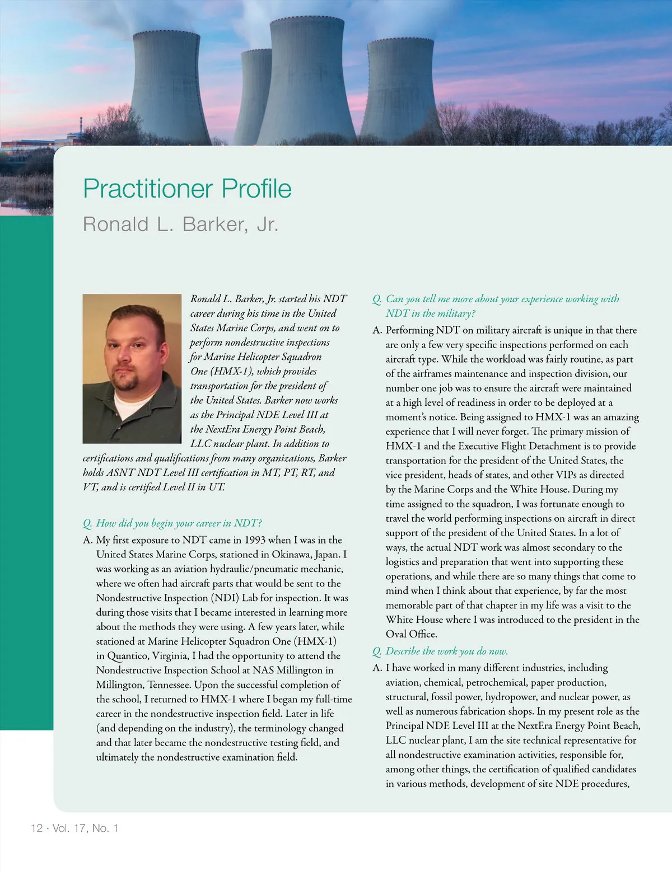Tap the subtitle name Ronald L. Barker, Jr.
point(180,224)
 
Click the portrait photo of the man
point(132,368)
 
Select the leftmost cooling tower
point(168,84)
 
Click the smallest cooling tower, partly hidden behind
point(254,95)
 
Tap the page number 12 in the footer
point(36,828)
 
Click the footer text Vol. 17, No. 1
point(85,828)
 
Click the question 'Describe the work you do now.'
point(446,651)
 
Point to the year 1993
point(254,540)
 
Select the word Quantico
point(125,656)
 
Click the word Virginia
point(172,656)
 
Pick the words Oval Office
point(411,634)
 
